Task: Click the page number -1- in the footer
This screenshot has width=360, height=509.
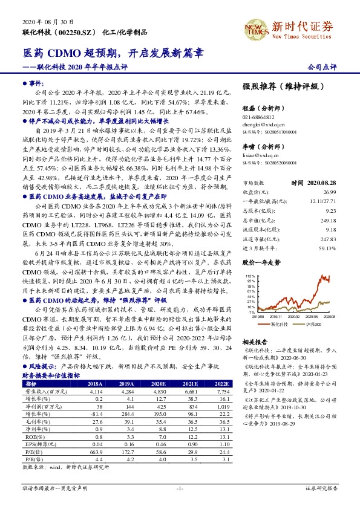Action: click(180, 487)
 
